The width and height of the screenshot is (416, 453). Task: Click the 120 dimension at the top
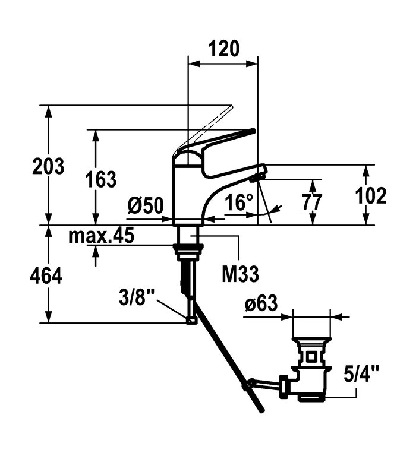click(x=224, y=49)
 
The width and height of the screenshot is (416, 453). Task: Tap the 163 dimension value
click(x=101, y=179)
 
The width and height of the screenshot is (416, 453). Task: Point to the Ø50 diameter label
click(x=146, y=205)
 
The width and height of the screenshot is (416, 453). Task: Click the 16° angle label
click(x=239, y=202)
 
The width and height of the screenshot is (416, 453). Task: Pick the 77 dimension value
click(x=311, y=202)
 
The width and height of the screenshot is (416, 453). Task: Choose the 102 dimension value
click(x=370, y=195)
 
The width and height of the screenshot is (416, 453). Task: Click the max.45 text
click(x=102, y=236)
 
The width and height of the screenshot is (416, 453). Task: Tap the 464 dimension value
click(x=46, y=276)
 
